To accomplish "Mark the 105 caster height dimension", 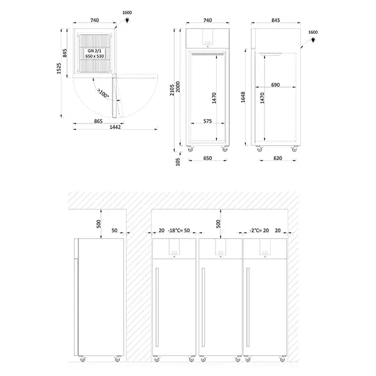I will click(178, 162).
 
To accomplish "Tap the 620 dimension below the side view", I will click(278, 159).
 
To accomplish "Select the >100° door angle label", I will click(103, 93).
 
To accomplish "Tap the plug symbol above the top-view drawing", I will click(127, 20).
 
